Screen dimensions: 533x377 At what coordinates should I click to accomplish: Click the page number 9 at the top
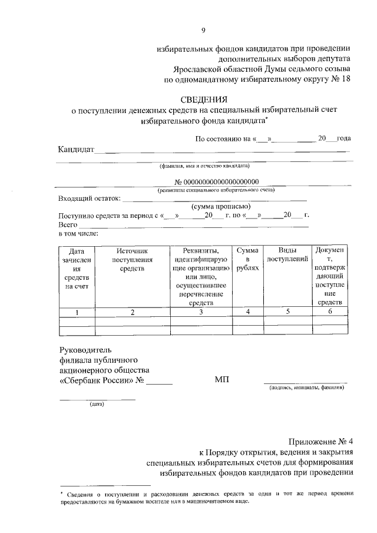tap(203, 30)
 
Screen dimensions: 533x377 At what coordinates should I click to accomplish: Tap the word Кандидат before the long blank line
tap(77, 150)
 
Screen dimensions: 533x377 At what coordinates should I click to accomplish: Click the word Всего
tap(68, 224)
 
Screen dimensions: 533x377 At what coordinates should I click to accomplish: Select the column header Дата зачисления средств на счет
tap(77, 269)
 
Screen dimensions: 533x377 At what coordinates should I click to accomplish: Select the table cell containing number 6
tap(330, 312)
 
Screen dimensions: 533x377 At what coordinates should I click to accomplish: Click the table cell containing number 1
tap(77, 312)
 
